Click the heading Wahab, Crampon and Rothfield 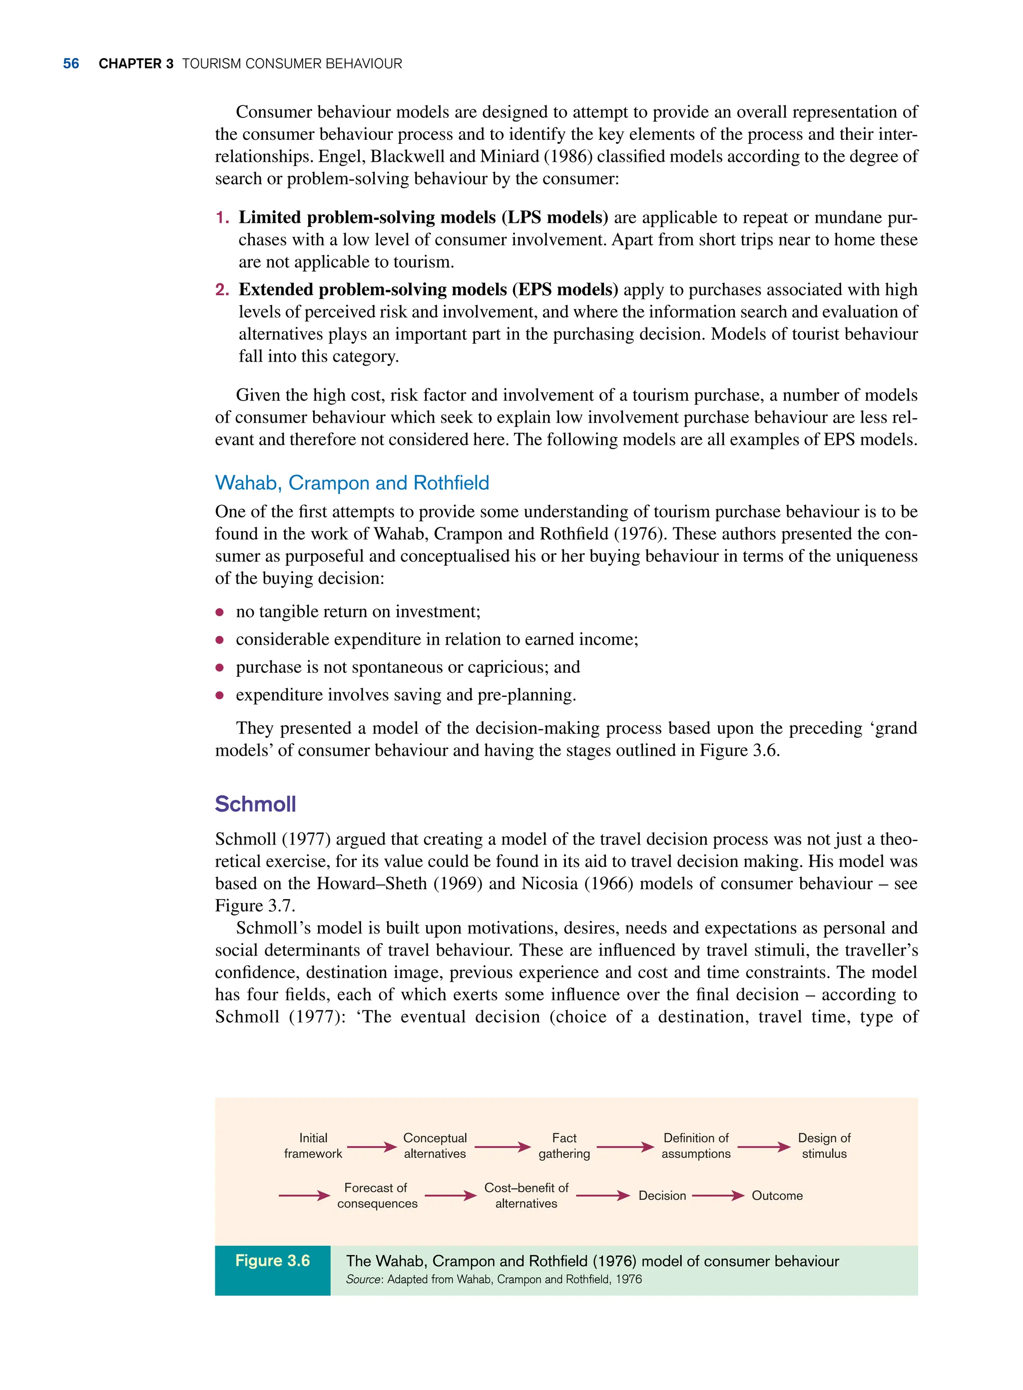(351, 482)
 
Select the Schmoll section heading (255, 804)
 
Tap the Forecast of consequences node (377, 1196)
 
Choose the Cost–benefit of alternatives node (526, 1196)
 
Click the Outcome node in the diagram (777, 1196)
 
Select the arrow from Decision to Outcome (718, 1196)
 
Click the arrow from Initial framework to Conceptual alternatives (372, 1147)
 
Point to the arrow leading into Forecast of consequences (304, 1196)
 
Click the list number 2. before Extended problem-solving (222, 290)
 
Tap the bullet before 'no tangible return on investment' (219, 612)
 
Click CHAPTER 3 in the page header (135, 64)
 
